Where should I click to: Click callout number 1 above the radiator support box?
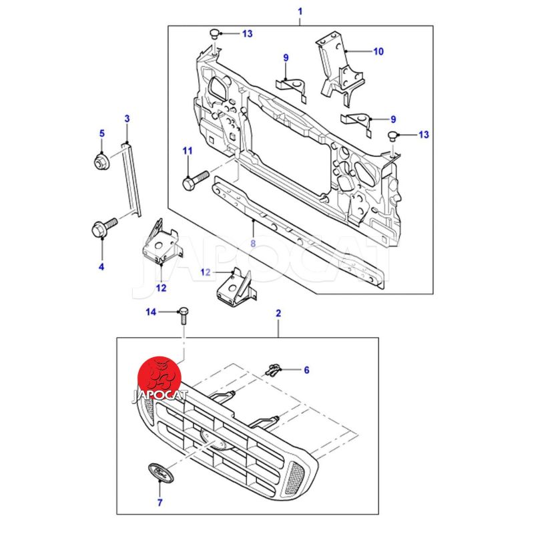pos(300,11)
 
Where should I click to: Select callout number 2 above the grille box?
pos(278,313)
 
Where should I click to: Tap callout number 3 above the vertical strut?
pos(127,119)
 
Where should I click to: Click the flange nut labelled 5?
pos(101,161)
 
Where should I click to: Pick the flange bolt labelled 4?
pos(104,227)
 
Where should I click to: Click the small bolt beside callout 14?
pos(183,316)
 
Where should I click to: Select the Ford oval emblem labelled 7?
pos(160,472)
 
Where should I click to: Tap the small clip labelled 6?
pos(274,370)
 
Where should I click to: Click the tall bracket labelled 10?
pos(339,70)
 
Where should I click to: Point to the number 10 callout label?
pos(378,51)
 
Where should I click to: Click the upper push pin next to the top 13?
pos(214,34)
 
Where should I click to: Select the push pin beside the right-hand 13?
pos(393,136)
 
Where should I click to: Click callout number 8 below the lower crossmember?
pos(253,244)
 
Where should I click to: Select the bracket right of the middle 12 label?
pos(237,287)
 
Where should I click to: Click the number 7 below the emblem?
pos(160,502)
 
